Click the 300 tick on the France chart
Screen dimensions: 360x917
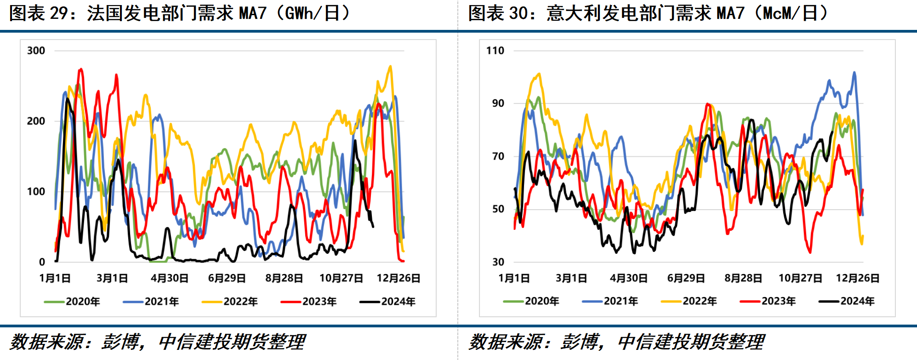click(x=36, y=51)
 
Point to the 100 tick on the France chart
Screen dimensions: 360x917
click(x=36, y=192)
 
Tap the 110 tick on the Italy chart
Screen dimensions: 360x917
click(x=495, y=51)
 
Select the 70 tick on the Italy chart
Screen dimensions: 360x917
click(x=498, y=156)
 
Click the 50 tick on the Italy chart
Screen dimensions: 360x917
click(x=498, y=209)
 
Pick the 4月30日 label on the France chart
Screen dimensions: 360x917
click(x=169, y=278)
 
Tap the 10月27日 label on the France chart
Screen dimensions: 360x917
click(x=341, y=278)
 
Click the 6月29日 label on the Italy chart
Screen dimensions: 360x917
click(x=686, y=278)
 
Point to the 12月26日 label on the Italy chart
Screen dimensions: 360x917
click(x=857, y=278)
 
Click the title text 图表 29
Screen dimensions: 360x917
click(x=39, y=13)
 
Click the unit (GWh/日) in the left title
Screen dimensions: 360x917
click(x=313, y=13)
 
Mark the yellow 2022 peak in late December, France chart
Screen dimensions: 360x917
click(x=390, y=67)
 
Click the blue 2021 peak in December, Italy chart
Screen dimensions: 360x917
click(x=854, y=73)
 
